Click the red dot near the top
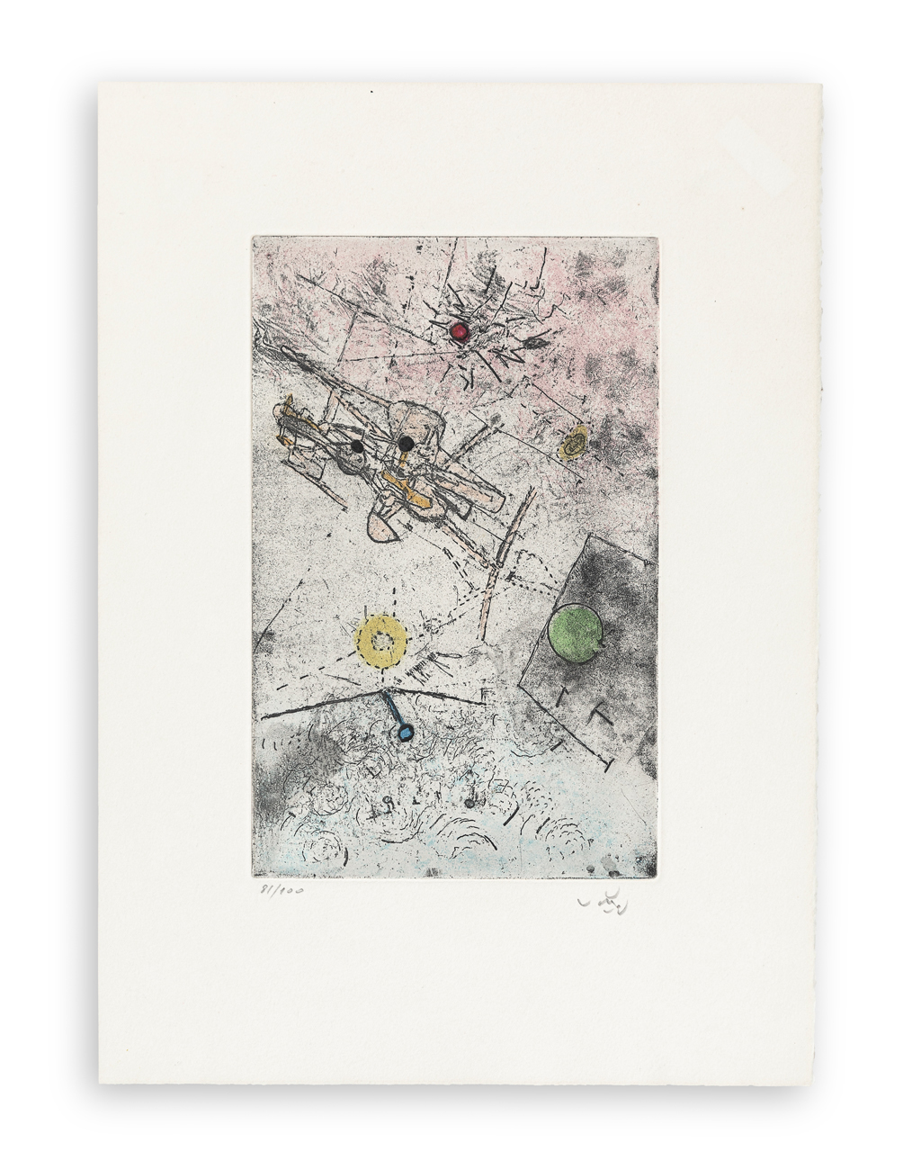[x=460, y=332]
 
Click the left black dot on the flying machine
[x=357, y=445]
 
